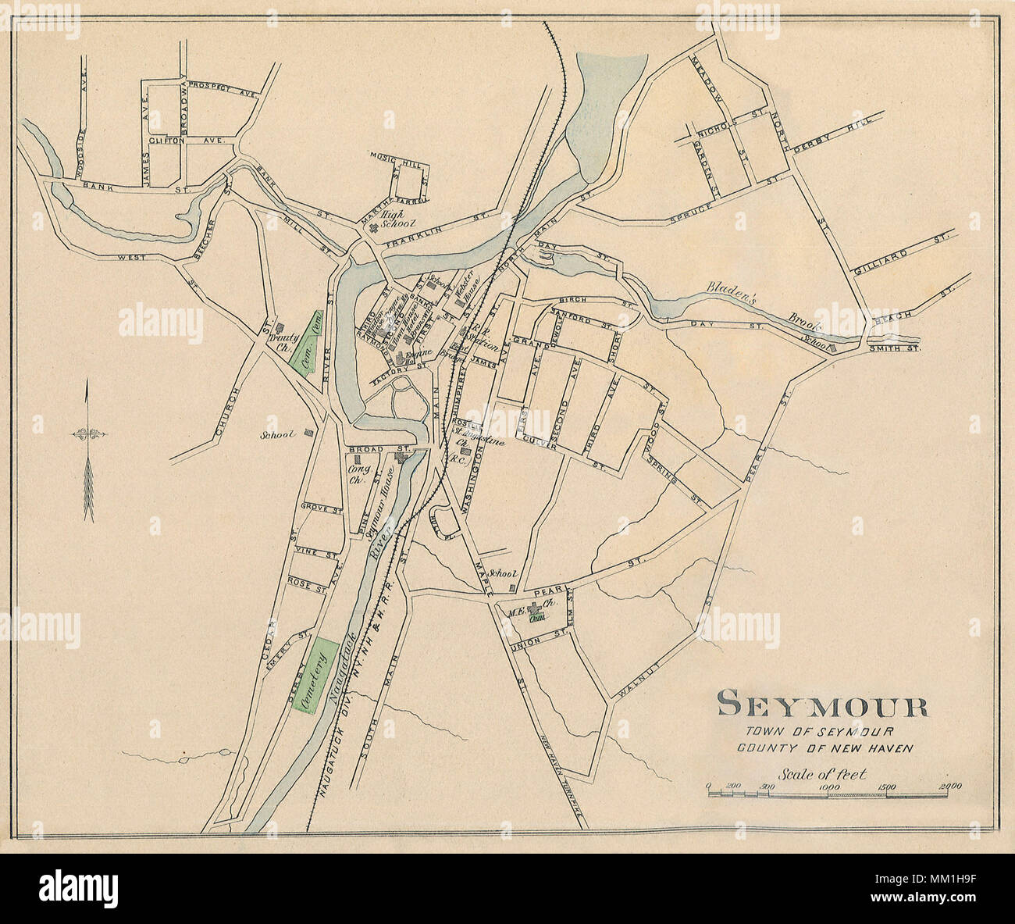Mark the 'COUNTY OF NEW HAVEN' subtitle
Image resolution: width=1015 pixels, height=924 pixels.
coord(824,747)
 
